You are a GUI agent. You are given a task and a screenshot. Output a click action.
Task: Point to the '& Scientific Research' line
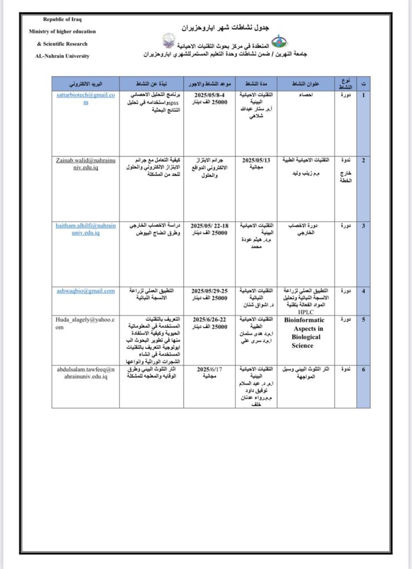click(x=62, y=44)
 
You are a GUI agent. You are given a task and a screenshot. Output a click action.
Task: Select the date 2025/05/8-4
click(x=209, y=96)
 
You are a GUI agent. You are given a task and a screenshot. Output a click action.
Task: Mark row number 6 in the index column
click(x=363, y=369)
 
